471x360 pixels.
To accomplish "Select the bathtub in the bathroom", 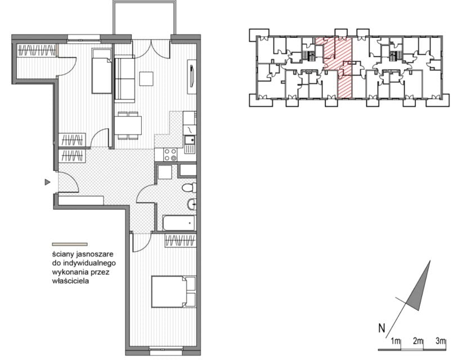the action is coord(179,223).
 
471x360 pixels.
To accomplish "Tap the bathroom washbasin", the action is coord(192,205).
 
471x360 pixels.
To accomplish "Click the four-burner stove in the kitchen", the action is coord(170,155).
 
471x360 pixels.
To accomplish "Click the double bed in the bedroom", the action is coord(174,292).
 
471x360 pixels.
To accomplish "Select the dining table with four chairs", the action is coord(128,125).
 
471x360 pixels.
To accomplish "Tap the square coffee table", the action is coord(146,78).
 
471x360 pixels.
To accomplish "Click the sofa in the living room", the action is coord(124,79).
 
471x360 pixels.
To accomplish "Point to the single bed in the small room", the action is coord(102,71).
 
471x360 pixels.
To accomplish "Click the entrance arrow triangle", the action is coord(47,182).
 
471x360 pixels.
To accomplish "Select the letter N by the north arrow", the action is coord(382,328).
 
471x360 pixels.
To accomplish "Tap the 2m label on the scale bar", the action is coord(418,341).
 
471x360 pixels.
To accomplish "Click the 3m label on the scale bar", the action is coord(441,341).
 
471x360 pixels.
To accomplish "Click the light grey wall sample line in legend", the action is coord(70,244).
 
